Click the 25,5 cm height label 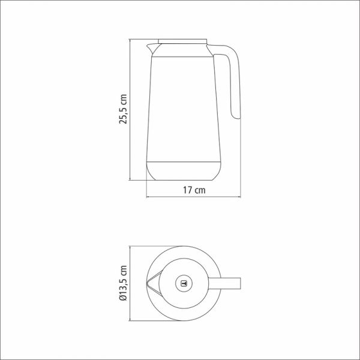pyautogui.click(x=123, y=109)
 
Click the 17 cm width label pyautogui.click(x=194, y=190)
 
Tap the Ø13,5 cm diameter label pyautogui.click(x=123, y=283)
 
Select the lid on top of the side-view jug pyautogui.click(x=183, y=41)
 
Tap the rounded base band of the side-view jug pyautogui.click(x=184, y=171)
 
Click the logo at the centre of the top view pyautogui.click(x=184, y=284)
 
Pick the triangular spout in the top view pyautogui.click(x=155, y=283)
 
